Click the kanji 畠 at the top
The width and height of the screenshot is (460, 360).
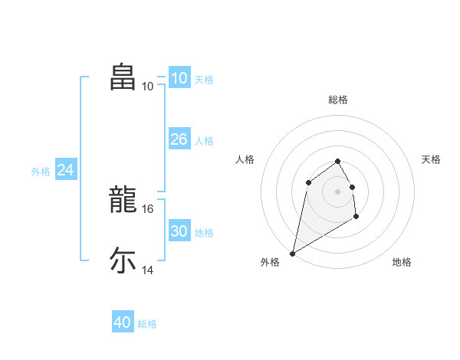pos(123,77)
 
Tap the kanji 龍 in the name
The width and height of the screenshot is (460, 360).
pos(123,199)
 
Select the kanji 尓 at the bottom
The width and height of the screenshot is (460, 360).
pos(123,260)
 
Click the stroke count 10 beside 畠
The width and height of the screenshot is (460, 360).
pos(147,87)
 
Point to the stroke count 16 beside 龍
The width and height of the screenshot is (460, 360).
pos(147,208)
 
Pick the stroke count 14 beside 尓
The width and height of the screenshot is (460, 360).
pos(147,270)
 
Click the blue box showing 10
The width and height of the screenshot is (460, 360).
pos(179,78)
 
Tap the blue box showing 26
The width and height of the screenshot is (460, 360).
pos(179,139)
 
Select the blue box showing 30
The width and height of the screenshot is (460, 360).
pos(179,231)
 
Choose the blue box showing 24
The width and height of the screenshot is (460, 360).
pos(66,170)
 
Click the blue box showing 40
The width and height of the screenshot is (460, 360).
pos(122,322)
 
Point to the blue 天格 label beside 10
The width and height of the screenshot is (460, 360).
pos(204,79)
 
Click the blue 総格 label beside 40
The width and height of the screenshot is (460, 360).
pos(147,324)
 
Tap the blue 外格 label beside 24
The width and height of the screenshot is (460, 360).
pos(41,172)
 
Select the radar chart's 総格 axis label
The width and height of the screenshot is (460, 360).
pos(338,100)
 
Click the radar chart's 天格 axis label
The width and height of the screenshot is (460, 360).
pos(431,159)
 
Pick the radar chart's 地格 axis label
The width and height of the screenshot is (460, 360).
pos(402,262)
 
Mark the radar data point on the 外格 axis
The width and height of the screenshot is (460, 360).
pos(292,253)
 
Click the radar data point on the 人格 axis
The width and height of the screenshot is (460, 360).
pos(308,182)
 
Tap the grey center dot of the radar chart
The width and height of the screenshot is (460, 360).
pos(338,191)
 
